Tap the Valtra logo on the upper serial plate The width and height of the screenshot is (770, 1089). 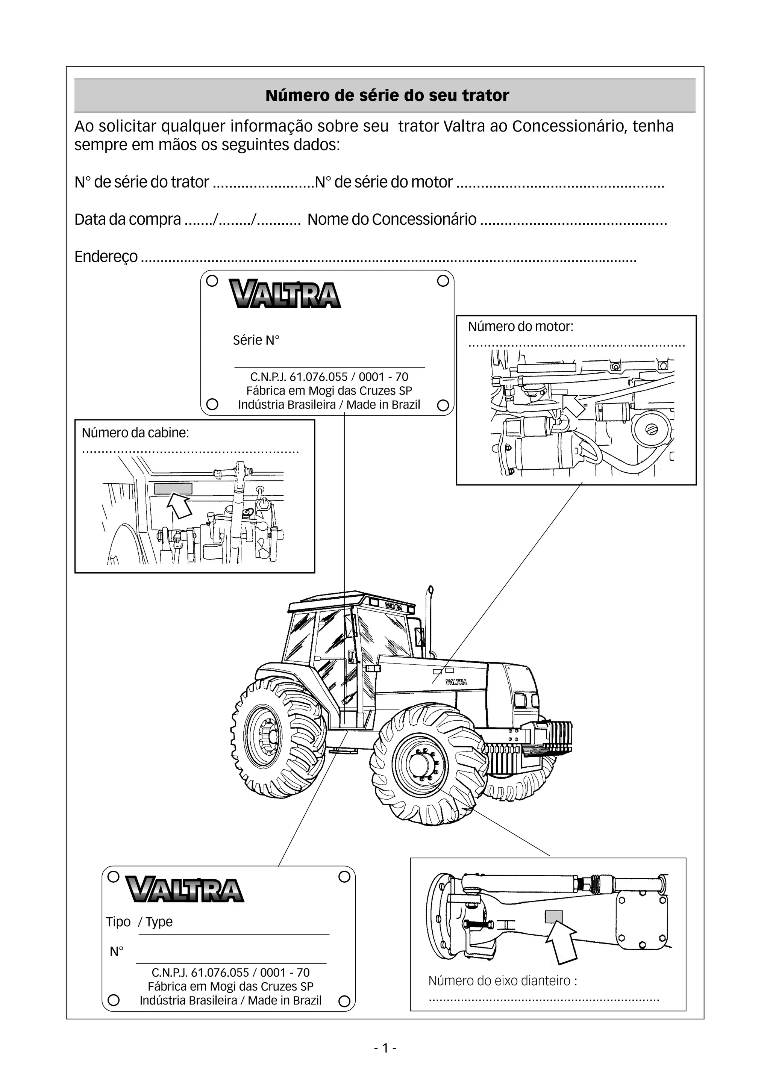click(285, 294)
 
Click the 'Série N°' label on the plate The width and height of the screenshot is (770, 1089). click(256, 340)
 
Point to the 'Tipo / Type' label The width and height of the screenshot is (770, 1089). click(139, 921)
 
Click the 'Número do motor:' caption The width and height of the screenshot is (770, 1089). click(520, 327)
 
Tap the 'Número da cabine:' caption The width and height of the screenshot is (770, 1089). click(135, 433)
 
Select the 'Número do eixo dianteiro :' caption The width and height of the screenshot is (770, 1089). click(502, 980)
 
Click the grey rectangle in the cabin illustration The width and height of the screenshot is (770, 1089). click(173, 489)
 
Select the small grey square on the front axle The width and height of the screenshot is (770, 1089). click(554, 917)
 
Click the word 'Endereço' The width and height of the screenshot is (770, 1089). click(106, 257)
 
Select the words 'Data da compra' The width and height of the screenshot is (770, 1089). click(127, 219)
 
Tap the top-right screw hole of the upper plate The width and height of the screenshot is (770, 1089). click(443, 281)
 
